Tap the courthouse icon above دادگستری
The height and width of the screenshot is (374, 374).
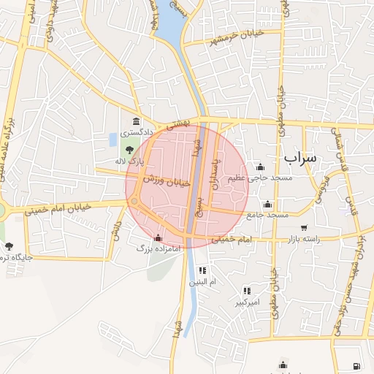[x=136, y=121]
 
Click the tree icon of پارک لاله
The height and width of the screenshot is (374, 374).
[x=129, y=149]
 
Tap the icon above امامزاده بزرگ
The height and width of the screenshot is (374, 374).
[x=159, y=237]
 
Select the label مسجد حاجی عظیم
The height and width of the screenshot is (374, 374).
[x=260, y=178]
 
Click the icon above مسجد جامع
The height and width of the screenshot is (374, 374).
[x=268, y=204]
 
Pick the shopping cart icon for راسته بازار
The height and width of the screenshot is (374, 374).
[x=304, y=228]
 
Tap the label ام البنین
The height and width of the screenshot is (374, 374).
[x=203, y=281]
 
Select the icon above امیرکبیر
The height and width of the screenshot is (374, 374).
[x=247, y=291]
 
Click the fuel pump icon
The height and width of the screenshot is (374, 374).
[x=356, y=365]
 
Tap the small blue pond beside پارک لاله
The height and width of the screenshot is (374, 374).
[x=112, y=139]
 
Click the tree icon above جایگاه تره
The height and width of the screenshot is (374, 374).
[x=9, y=245]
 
